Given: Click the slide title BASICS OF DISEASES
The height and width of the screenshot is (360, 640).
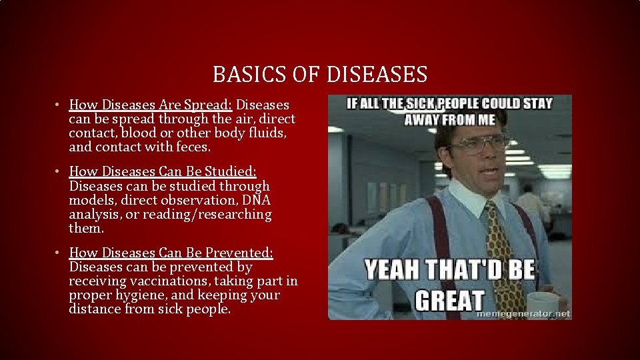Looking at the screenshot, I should [320, 74].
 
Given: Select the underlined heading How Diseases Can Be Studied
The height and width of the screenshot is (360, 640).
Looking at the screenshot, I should [171, 172].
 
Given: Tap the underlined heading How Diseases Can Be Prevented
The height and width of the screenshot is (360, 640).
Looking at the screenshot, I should [171, 253].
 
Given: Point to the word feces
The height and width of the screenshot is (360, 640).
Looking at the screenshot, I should [191, 147].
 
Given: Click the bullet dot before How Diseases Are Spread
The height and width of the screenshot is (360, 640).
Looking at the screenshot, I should [59, 105].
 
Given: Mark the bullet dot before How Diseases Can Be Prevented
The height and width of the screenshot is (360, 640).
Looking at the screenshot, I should [59, 253].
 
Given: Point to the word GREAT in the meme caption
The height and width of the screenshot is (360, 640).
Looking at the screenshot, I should [449, 300].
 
